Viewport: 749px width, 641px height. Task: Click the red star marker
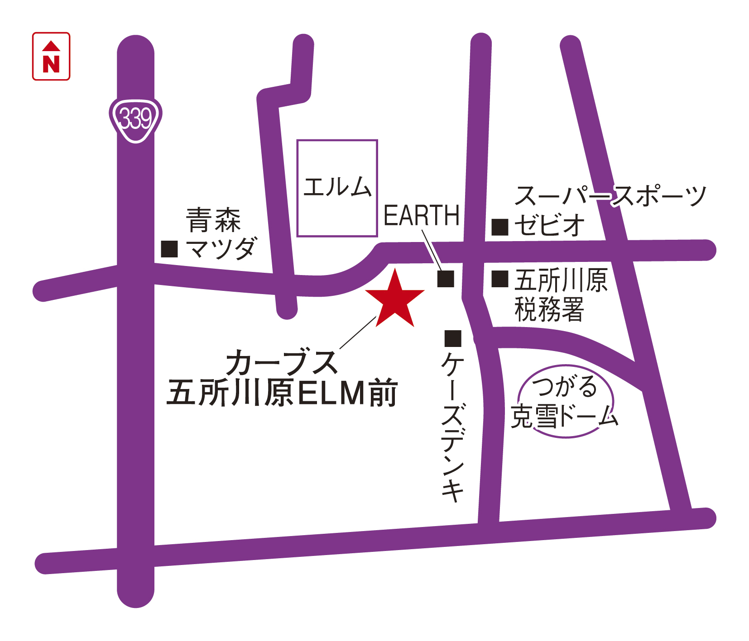click(x=395, y=300)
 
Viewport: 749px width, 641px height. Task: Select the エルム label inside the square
click(x=337, y=187)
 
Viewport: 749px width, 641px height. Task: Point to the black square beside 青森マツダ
click(x=169, y=249)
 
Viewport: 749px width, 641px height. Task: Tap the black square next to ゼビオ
click(x=500, y=227)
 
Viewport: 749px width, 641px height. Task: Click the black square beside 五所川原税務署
click(x=500, y=279)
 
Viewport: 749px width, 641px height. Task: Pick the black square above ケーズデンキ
click(x=453, y=338)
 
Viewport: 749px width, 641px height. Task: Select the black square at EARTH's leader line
click(x=446, y=279)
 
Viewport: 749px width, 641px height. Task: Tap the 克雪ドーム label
click(x=564, y=416)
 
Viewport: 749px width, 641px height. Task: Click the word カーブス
click(x=282, y=362)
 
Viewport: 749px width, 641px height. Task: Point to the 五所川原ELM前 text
click(x=282, y=393)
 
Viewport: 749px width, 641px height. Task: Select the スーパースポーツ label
click(x=610, y=196)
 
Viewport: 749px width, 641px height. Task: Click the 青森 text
click(x=213, y=219)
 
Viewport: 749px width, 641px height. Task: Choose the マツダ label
click(x=221, y=248)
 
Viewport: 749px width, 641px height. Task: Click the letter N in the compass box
click(x=51, y=64)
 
